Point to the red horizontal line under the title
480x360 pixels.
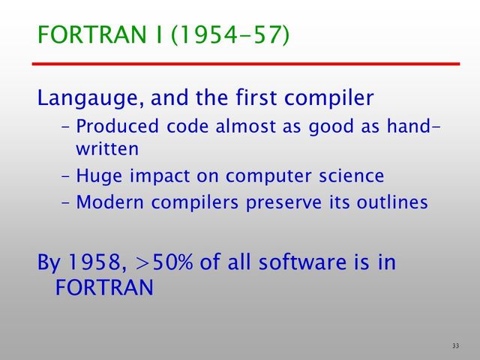pyautogui.click(x=247, y=64)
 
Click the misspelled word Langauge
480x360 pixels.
pyautogui.click(x=88, y=98)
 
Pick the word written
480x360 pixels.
pyautogui.click(x=106, y=148)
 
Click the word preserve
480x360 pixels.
pyautogui.click(x=279, y=202)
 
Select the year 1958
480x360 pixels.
pyautogui.click(x=97, y=263)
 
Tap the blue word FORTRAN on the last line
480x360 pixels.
pyautogui.click(x=104, y=288)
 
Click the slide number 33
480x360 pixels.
pyautogui.click(x=456, y=345)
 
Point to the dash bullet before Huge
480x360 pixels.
pyautogui.click(x=65, y=176)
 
